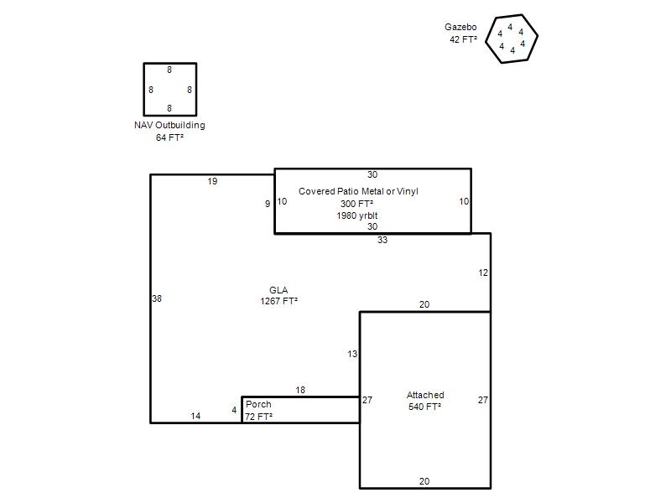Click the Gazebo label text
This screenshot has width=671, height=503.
click(460, 27)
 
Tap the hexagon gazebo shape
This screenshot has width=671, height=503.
click(486, 40)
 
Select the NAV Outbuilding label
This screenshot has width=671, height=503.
click(169, 125)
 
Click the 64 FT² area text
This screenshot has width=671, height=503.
click(169, 137)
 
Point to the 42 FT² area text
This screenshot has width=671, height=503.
click(463, 39)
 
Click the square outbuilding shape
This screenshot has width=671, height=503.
click(144, 90)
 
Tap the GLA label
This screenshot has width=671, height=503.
click(278, 290)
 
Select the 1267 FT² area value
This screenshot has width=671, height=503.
click(278, 301)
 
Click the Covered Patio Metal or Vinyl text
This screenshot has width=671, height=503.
click(358, 191)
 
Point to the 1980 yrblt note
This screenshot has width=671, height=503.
click(357, 215)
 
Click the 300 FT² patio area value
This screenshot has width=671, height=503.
click(356, 204)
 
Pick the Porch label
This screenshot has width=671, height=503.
click(258, 404)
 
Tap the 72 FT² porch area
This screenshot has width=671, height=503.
click(258, 416)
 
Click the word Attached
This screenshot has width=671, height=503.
click(425, 395)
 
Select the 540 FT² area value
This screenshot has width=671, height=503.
click(424, 407)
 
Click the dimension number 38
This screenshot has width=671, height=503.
click(157, 298)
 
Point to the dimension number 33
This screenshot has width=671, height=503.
click(382, 240)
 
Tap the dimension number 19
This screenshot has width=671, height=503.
click(212, 181)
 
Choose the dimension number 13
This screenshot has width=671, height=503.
click(352, 354)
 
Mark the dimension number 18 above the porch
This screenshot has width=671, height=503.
click(300, 390)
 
